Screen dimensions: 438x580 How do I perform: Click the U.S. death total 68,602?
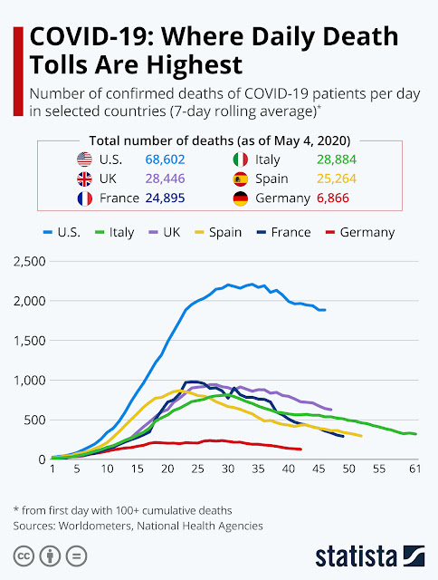[165, 159]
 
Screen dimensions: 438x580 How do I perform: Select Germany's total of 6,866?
[333, 198]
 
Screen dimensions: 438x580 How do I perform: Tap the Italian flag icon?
[241, 159]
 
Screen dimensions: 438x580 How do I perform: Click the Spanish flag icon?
[241, 179]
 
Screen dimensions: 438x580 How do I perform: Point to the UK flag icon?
[84, 179]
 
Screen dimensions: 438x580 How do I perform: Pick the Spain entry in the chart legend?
[218, 232]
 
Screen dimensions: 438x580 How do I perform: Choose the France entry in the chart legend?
[283, 232]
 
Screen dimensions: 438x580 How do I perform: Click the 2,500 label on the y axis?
[30, 262]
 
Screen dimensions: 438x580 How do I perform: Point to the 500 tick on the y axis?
[34, 420]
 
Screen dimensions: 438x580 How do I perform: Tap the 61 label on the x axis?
[415, 469]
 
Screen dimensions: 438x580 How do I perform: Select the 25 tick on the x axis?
[197, 469]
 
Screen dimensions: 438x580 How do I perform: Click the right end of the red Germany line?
[301, 449]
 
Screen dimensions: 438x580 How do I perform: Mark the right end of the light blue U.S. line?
[325, 310]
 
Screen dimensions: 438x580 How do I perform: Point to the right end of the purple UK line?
[330, 410]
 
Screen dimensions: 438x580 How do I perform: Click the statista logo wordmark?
[357, 556]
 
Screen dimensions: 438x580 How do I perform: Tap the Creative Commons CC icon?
[24, 556]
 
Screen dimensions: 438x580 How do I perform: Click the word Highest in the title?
[195, 65]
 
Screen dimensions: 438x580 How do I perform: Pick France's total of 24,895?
[165, 198]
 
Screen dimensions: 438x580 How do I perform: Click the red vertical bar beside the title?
[18, 72]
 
